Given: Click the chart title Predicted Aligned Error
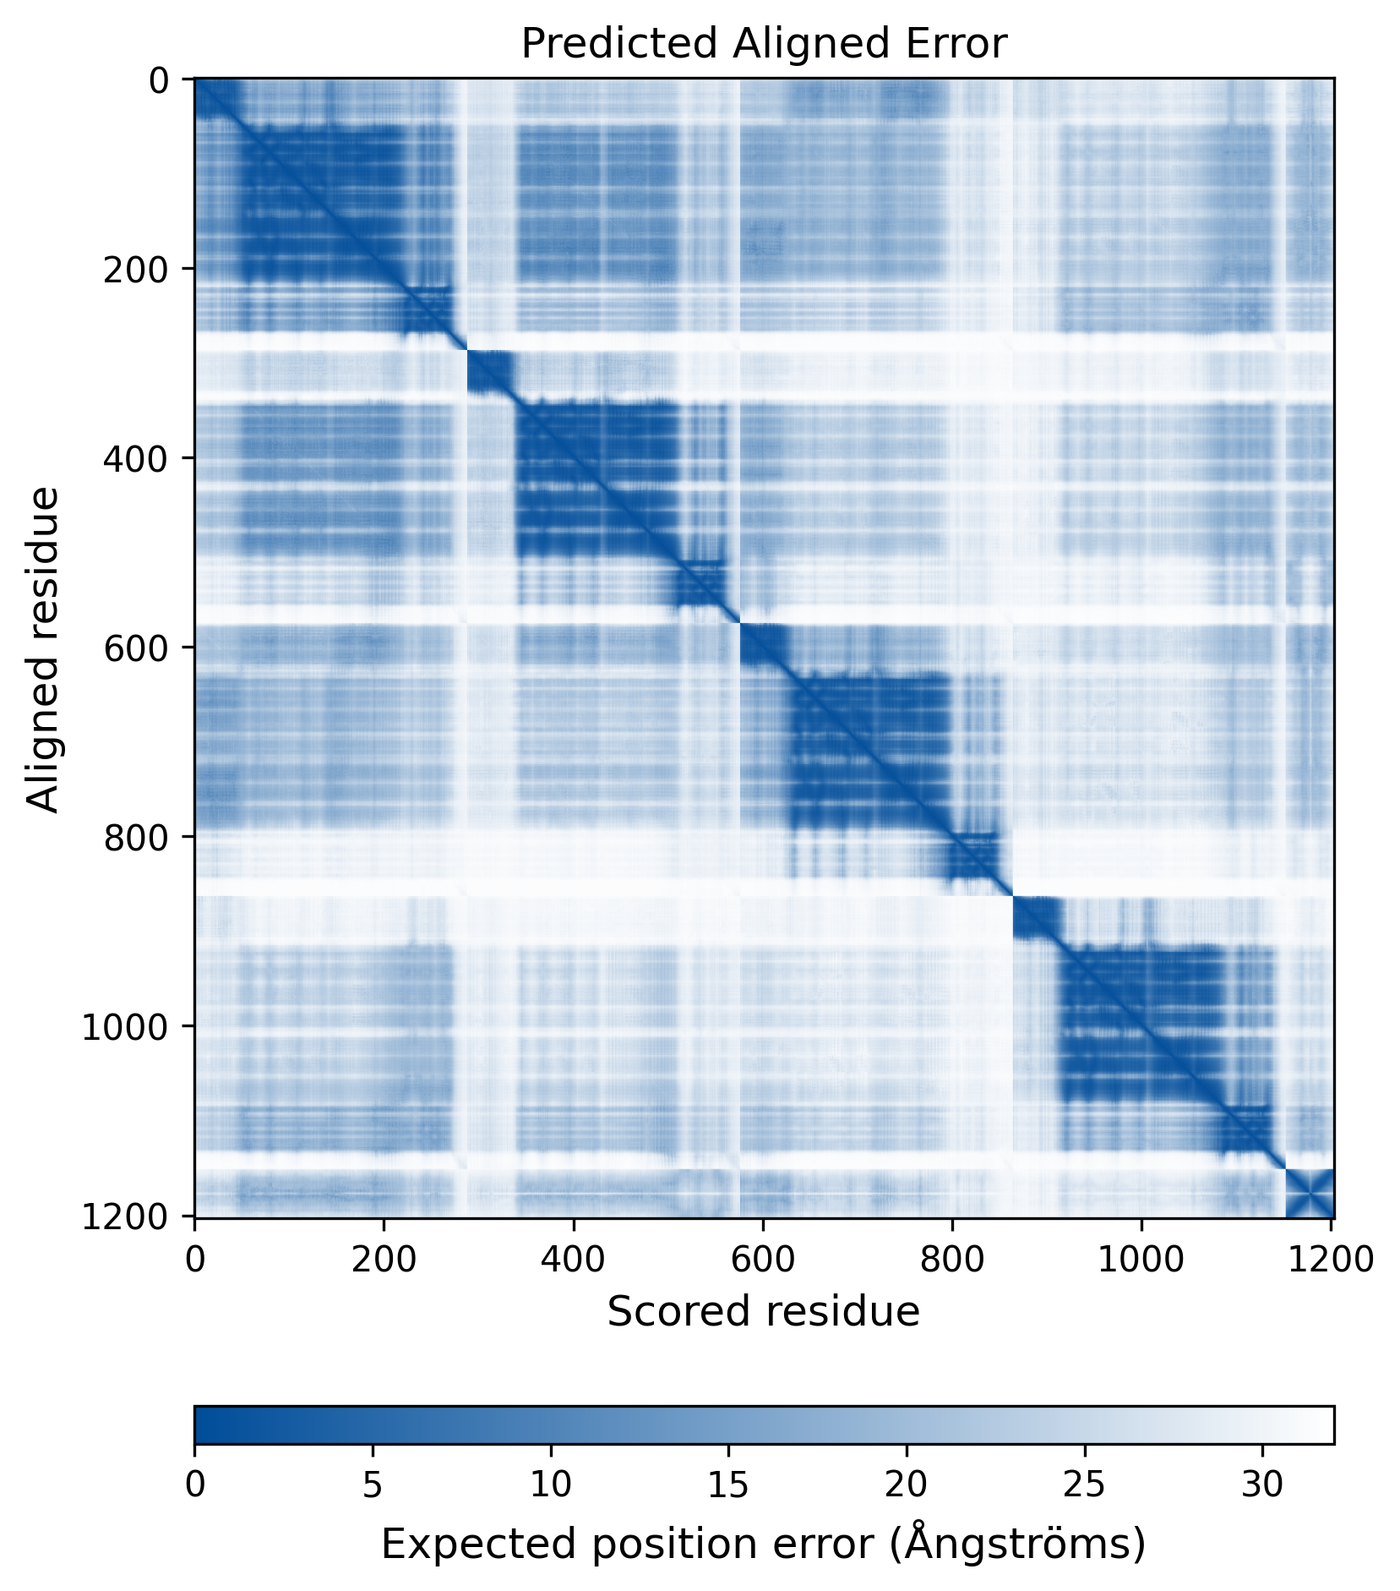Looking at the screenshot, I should coord(763,44).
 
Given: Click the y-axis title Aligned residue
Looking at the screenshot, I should coord(43,648).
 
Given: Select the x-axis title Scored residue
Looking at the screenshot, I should coord(763,1312).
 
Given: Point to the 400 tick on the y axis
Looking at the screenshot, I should coord(136,458).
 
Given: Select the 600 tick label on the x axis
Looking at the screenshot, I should coord(763,1260).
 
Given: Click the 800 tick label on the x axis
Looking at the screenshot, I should coord(952,1260).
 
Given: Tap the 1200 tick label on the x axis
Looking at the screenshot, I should coord(1331,1260).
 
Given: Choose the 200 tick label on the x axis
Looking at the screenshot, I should coord(384,1260).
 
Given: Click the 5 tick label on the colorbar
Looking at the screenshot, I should coord(373,1485).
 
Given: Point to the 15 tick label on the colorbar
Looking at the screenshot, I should coord(728,1485).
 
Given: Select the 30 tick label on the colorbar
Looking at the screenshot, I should coord(1262,1485).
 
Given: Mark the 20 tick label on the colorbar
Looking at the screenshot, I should coord(907,1485).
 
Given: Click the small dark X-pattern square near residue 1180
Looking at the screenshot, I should coord(1309,1193).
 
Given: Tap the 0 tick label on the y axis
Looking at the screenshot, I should coord(159,80).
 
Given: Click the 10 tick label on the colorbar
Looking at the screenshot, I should coord(551,1485).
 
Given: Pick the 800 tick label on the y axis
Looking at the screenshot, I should coord(136,837).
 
